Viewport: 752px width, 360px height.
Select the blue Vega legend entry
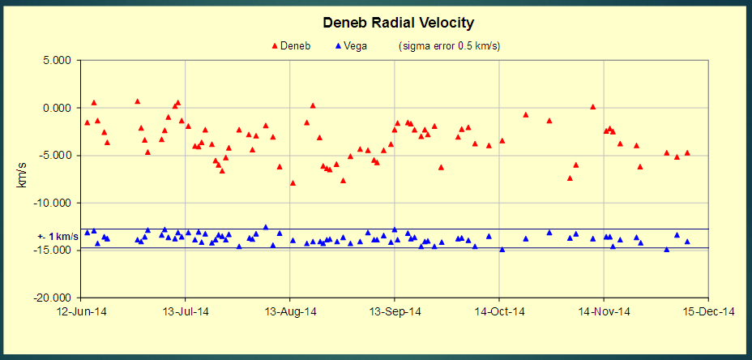tap(350, 45)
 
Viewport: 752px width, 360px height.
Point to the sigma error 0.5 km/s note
tap(449, 45)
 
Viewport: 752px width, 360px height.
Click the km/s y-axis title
tap(23, 179)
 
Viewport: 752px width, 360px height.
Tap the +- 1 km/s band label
tap(58, 236)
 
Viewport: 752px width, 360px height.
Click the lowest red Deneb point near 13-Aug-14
tap(293, 183)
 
